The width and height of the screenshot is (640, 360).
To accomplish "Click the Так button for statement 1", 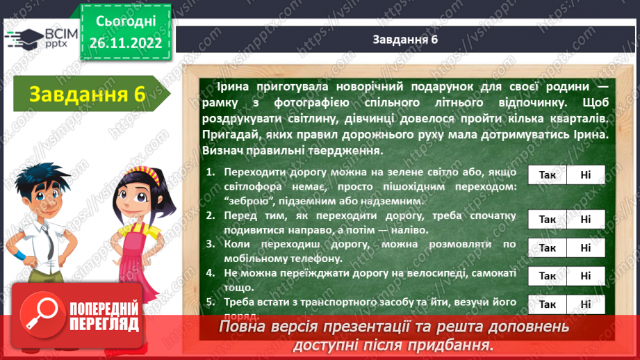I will click(548, 174).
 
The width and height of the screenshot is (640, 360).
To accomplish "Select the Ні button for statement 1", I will click(586, 174).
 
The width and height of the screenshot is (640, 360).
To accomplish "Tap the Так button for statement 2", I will click(548, 220).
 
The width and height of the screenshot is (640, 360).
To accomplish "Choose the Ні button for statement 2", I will click(586, 220).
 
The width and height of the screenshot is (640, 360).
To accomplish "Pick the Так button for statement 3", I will click(548, 247).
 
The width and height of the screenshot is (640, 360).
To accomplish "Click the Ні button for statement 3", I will click(586, 247).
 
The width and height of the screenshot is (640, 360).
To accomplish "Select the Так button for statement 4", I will click(548, 275).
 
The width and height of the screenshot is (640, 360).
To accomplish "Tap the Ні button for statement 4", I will click(586, 275).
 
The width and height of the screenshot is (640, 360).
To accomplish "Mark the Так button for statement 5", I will click(548, 304).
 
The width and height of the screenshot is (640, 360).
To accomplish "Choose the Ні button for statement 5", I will click(586, 304).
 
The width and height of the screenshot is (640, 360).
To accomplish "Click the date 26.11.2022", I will click(126, 44).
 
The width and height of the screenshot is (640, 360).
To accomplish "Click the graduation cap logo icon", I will click(22, 38).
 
